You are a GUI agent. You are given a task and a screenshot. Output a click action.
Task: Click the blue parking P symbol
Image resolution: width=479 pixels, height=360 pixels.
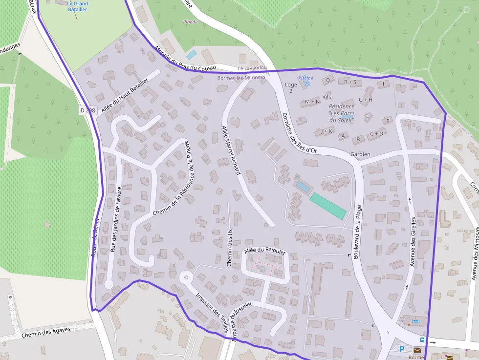pos(402,349)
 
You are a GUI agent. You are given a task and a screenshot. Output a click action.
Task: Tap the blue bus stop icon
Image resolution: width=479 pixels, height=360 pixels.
pos(422,340)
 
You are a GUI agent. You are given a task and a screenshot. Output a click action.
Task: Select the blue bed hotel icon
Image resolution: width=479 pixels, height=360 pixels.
pos(415,321)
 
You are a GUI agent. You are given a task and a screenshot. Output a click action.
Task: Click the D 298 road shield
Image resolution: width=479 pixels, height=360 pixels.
pos(87,110)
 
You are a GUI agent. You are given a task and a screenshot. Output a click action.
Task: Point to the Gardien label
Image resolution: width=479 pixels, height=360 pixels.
pos(360,154)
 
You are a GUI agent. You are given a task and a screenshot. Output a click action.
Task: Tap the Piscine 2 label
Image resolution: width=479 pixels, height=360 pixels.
pos(305,81)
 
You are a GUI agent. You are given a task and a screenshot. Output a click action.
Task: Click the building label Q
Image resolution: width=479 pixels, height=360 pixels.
pos(327,80)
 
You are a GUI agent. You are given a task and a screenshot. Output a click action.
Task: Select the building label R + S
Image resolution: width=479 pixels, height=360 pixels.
pos(350,82)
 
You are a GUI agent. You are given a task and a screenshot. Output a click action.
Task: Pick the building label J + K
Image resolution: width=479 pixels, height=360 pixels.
pos(327,131)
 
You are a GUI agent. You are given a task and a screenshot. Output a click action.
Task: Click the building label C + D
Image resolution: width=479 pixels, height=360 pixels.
pos(376,133)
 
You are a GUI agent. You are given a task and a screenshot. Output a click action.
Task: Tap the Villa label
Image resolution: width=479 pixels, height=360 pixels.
pos(327,97)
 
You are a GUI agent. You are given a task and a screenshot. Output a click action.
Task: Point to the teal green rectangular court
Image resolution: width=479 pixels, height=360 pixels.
pos(327,206)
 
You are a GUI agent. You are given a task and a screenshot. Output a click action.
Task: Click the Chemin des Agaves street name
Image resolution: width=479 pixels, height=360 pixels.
pos(46,333)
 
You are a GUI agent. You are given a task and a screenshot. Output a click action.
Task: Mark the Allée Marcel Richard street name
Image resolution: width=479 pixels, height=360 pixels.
pos(231,150)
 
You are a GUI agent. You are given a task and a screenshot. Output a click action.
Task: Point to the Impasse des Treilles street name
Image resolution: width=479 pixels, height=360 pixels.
pos(212,313)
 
